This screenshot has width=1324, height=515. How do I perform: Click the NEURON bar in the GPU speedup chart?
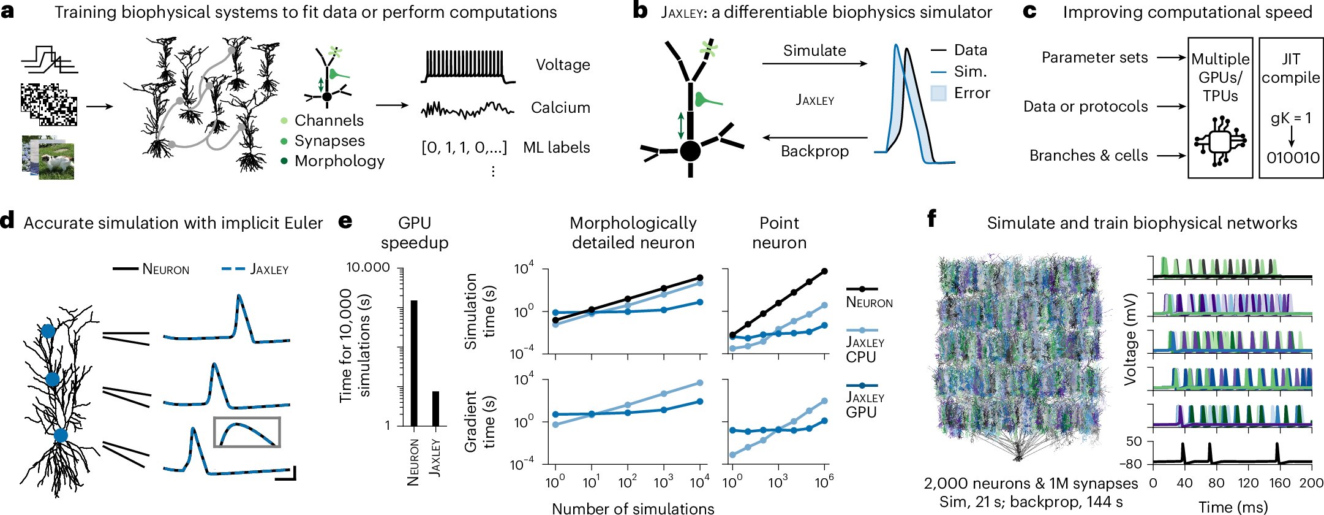pyautogui.click(x=414, y=363)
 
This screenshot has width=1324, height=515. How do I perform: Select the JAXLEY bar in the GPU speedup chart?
pyautogui.click(x=435, y=408)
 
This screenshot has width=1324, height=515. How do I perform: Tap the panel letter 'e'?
pyautogui.click(x=345, y=221)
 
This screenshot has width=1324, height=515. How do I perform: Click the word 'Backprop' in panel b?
pyautogui.click(x=814, y=151)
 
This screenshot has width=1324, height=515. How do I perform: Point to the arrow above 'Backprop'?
pyautogui.click(x=814, y=138)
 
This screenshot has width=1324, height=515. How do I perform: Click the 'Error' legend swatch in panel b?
pyautogui.click(x=938, y=93)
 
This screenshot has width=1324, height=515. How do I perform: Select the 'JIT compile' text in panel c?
pyautogui.click(x=1290, y=68)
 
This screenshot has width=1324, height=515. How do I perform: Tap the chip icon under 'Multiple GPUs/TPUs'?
pyautogui.click(x=1220, y=142)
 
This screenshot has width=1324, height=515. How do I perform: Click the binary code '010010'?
pyautogui.click(x=1293, y=158)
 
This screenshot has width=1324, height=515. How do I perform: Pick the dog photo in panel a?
pyautogui.click(x=56, y=161)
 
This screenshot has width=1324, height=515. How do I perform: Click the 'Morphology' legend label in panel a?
pyautogui.click(x=339, y=161)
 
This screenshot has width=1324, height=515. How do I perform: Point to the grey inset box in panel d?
pyautogui.click(x=247, y=432)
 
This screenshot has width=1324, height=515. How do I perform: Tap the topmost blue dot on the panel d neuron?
pyautogui.click(x=48, y=331)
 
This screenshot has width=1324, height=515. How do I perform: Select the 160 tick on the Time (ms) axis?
pyautogui.click(x=1279, y=483)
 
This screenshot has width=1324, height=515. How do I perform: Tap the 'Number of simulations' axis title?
pyautogui.click(x=633, y=508)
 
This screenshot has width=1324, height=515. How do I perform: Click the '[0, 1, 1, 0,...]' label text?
pyautogui.click(x=464, y=148)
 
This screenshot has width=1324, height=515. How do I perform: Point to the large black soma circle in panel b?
pyautogui.click(x=690, y=151)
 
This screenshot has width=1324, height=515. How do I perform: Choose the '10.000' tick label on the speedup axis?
pyautogui.click(x=368, y=267)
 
